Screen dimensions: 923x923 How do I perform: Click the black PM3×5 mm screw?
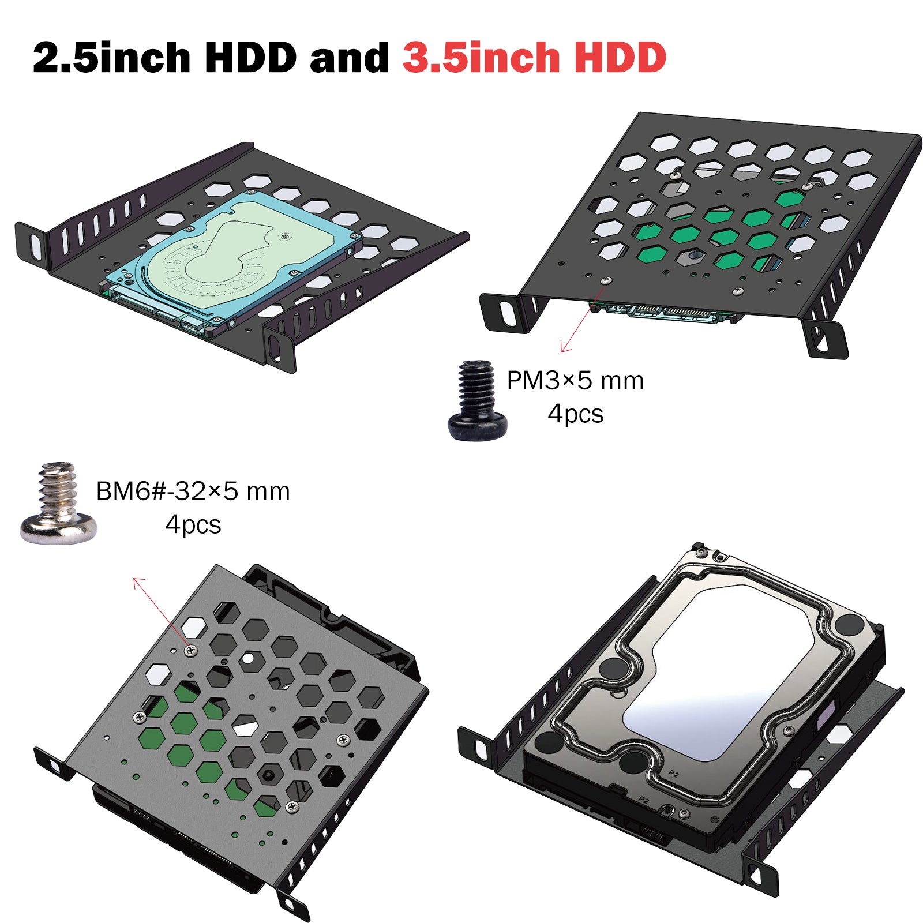click(x=478, y=400)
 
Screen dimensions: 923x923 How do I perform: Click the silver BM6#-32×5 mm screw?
click(x=58, y=503)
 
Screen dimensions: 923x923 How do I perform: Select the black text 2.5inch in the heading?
click(x=111, y=58)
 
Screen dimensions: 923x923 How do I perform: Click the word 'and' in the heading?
click(x=349, y=58)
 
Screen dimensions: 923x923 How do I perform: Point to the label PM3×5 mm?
click(x=575, y=381)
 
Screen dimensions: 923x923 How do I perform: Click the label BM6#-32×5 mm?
click(x=193, y=491)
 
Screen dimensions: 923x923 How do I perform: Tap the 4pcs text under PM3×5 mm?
click(x=575, y=414)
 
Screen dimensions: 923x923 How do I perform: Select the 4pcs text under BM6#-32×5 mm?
click(x=193, y=525)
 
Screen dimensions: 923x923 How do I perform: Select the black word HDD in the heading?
click(x=250, y=58)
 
